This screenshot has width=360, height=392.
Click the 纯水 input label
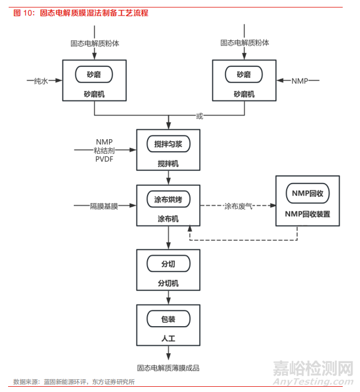41,81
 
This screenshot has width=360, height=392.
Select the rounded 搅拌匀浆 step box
168,144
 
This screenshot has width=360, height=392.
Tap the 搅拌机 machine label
168,163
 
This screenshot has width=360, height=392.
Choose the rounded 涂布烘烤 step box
168,199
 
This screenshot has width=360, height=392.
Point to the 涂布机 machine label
168,219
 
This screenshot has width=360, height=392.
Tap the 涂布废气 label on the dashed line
239,206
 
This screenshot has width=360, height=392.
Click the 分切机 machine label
168,283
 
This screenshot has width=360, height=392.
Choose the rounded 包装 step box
168,319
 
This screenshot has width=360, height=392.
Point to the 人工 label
168,339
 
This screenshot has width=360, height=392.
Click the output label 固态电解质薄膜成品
171,368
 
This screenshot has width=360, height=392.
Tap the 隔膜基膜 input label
104,206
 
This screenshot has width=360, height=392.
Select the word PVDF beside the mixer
104,159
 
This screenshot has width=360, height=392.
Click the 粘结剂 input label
104,151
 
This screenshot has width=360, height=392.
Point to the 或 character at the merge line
200,116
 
